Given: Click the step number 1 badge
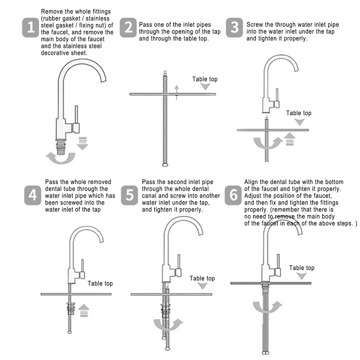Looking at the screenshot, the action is tap(30, 27).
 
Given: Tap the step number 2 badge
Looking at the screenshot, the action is tap(128, 27).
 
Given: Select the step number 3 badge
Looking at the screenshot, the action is tap(234, 27).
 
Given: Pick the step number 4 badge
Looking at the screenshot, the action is tap(33, 195).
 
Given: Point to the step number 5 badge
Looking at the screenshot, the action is tap(129, 195).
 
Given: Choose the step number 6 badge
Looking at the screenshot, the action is tap(233, 195).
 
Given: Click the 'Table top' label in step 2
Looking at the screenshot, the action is tap(205, 79).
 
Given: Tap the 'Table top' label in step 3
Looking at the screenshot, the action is tap(299, 113).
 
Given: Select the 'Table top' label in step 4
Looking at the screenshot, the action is tap(100, 284).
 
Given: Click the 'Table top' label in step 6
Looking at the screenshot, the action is tap(302, 268).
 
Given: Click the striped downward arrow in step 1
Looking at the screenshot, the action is tap(83, 143).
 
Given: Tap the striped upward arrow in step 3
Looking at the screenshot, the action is tap(290, 139).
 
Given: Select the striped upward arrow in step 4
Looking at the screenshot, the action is tap(84, 311).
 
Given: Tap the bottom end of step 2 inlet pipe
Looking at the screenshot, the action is tap(165, 165).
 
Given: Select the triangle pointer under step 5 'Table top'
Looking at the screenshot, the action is tap(202, 286).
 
